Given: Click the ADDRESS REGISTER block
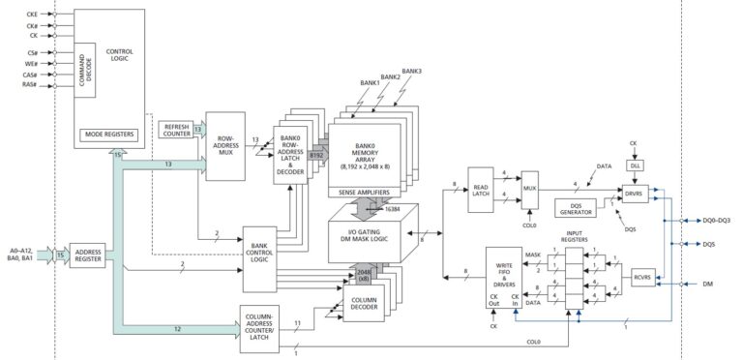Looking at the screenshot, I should [87, 255].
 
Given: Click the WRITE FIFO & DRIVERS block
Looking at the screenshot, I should [504, 281].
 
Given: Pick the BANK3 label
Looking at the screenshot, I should [412, 71].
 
